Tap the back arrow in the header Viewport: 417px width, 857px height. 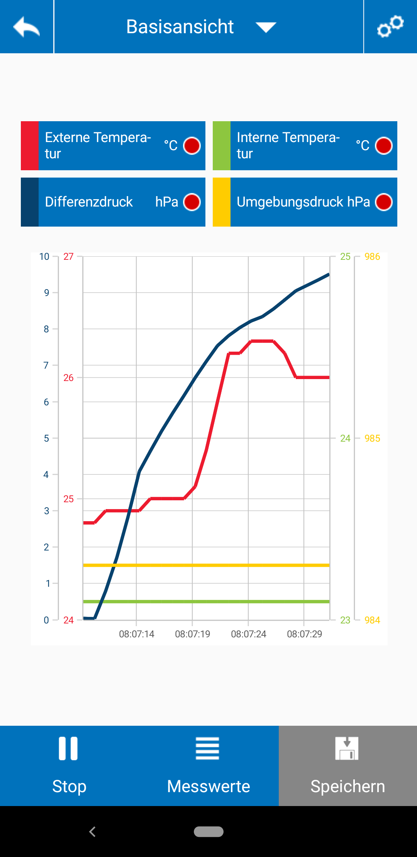(26, 27)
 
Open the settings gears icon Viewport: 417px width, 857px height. (390, 27)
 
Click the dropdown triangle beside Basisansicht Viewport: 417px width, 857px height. (266, 27)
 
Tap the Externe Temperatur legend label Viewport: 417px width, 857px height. (98, 146)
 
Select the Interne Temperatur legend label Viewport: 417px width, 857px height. (288, 146)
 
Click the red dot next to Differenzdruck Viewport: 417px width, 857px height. (192, 202)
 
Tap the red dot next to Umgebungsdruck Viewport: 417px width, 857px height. (384, 202)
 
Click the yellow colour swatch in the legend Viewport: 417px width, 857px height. (222, 202)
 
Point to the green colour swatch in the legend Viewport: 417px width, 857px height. (222, 146)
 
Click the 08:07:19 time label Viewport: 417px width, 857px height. (192, 634)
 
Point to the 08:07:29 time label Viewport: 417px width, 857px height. (304, 634)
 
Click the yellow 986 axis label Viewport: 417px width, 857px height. (372, 257)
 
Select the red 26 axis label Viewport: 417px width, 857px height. (68, 378)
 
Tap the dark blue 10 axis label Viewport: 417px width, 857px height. (44, 257)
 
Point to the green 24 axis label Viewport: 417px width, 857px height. (345, 438)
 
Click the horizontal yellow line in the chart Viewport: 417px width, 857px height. (206, 565)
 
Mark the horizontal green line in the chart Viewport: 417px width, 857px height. (206, 601)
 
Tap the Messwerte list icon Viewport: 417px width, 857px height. (208, 748)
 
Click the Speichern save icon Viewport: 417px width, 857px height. (347, 748)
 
